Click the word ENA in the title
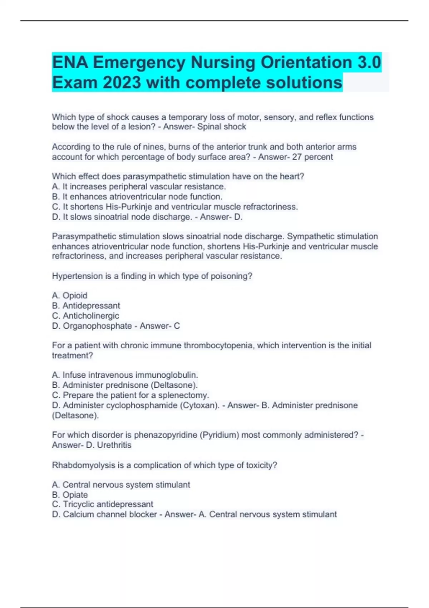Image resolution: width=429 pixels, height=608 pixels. point(70,63)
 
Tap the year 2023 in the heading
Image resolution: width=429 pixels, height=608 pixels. point(122,83)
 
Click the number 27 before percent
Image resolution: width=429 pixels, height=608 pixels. point(297,157)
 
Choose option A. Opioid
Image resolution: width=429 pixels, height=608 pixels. point(69,295)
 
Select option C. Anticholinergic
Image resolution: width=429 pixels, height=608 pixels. point(85,316)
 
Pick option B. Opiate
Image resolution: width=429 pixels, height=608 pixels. point(70,495)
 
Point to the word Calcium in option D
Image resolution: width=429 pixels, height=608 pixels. point(77,514)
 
